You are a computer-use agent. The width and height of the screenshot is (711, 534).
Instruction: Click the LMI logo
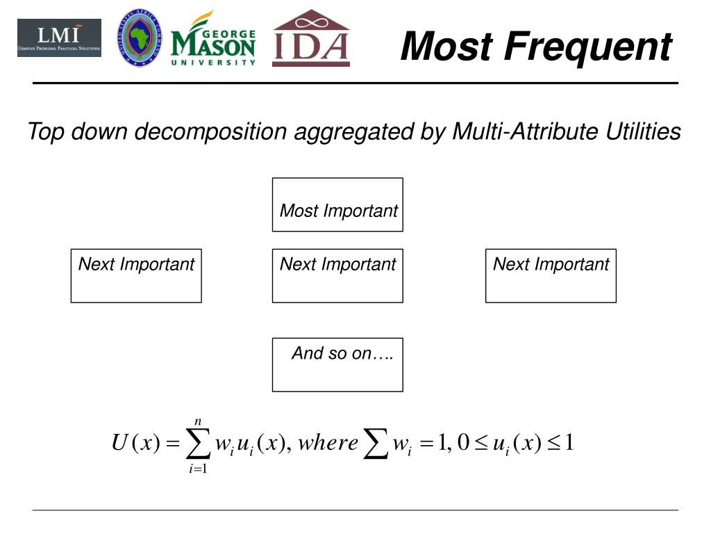tap(59, 38)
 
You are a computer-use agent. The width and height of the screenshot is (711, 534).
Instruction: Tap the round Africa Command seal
tap(140, 38)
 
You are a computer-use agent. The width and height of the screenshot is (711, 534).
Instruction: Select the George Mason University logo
tap(213, 40)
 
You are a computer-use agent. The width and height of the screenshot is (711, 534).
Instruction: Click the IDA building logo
tap(310, 39)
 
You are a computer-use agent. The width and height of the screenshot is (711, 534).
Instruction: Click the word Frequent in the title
tap(587, 47)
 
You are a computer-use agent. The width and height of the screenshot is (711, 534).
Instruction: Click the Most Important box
tap(337, 204)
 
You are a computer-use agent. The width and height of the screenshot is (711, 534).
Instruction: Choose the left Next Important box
tap(136, 275)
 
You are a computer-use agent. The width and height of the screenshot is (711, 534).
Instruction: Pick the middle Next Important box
tap(337, 275)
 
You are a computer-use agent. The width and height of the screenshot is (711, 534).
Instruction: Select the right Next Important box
tap(551, 275)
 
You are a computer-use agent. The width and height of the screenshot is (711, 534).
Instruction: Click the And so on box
tap(337, 364)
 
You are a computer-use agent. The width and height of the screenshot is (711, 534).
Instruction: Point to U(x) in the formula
tap(136, 443)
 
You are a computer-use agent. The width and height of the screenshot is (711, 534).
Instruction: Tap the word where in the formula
tap(328, 443)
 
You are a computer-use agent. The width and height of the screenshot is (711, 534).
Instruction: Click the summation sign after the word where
tap(376, 444)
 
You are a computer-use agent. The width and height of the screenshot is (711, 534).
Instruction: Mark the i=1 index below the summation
tap(199, 469)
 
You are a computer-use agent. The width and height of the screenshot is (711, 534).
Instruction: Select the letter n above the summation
tap(199, 421)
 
